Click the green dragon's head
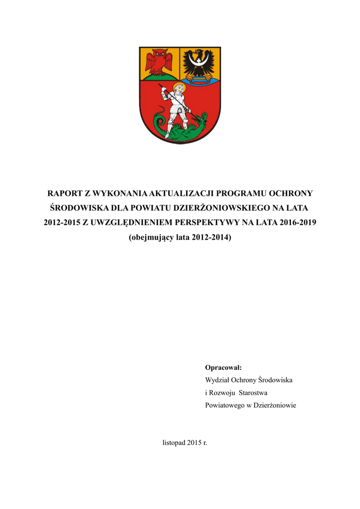202,118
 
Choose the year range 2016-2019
298,222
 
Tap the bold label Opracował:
223,367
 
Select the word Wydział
217,380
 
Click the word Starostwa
254,393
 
